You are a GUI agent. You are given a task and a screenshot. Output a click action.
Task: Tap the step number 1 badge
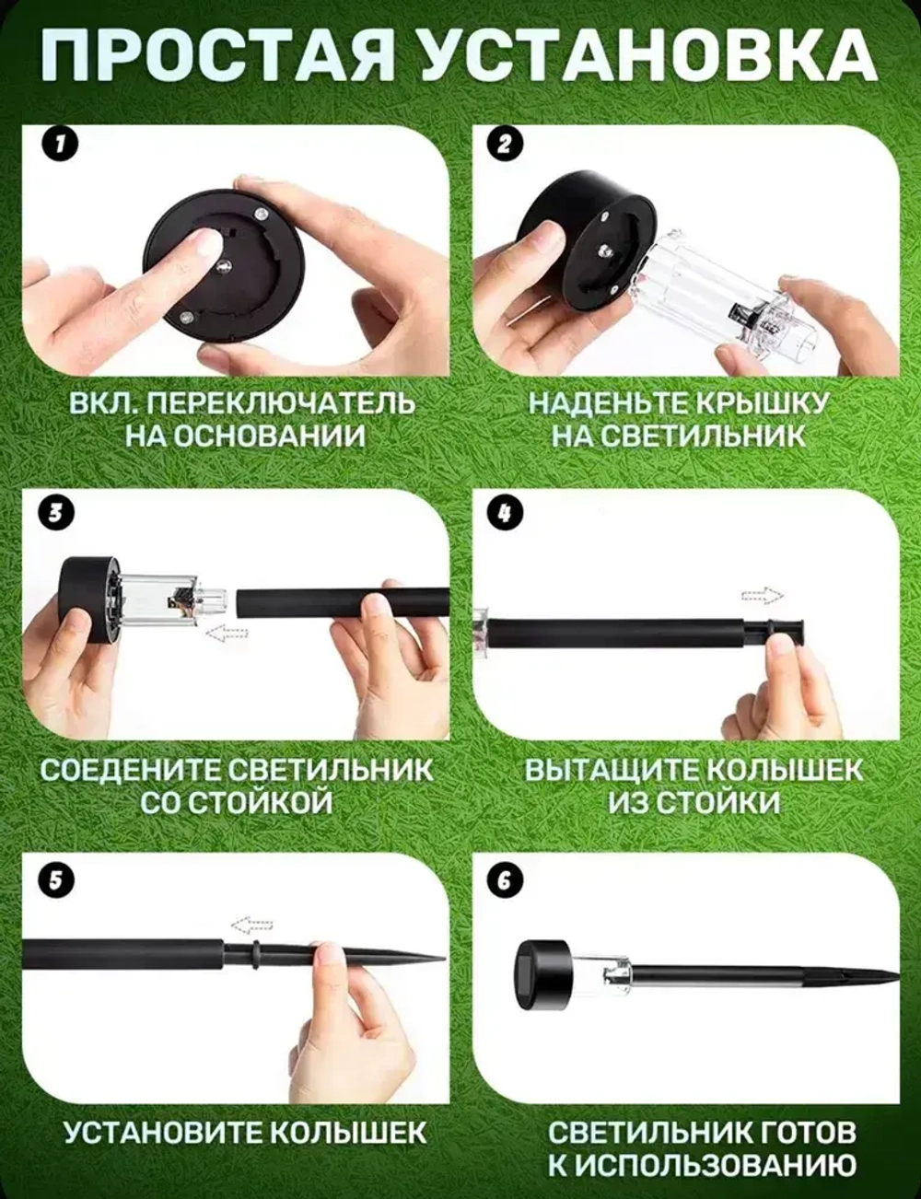pyautogui.click(x=59, y=145)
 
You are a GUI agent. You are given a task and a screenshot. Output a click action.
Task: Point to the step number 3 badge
pyautogui.click(x=56, y=512)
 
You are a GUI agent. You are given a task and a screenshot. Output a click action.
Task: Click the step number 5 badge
pyautogui.click(x=56, y=879)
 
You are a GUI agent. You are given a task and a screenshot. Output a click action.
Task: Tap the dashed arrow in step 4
pyautogui.click(x=762, y=595)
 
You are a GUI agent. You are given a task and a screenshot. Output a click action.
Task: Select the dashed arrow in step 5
pyautogui.click(x=251, y=925)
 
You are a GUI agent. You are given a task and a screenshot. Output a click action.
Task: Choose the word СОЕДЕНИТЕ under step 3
pyautogui.click(x=127, y=770)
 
